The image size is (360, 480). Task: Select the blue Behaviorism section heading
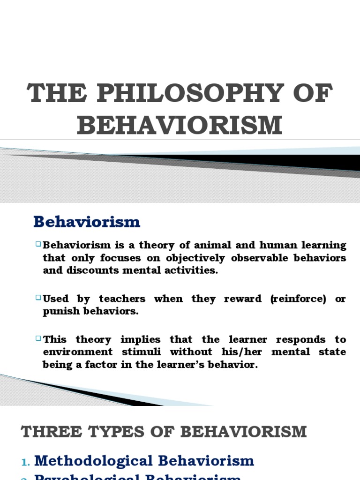pos(87,222)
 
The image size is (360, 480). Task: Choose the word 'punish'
pos(59,312)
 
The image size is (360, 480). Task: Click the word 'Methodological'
pos(94,461)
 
